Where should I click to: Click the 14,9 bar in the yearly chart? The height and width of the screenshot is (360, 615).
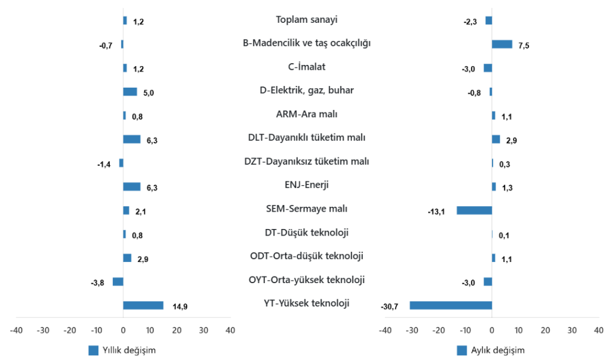click(143, 305)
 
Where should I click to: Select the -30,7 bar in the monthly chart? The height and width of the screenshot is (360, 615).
click(450, 305)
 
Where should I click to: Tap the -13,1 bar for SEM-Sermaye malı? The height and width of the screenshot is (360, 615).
click(474, 210)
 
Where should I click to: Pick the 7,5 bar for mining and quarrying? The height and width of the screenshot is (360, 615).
click(502, 44)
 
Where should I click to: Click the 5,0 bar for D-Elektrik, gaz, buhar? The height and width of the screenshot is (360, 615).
click(130, 92)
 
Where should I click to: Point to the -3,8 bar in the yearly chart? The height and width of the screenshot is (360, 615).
click(118, 281)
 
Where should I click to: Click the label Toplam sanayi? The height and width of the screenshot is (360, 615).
click(306, 20)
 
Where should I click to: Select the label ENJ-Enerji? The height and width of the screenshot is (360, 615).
click(306, 185)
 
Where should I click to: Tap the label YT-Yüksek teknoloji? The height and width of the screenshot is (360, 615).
click(306, 304)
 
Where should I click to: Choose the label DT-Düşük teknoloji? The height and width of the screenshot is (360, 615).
click(306, 233)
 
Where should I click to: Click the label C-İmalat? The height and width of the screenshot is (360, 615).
click(306, 67)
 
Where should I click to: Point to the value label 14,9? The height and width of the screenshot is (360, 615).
click(180, 307)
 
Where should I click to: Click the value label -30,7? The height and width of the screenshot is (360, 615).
click(390, 307)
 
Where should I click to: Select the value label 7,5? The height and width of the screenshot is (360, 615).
click(524, 46)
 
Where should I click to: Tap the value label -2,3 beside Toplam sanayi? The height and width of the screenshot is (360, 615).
click(470, 22)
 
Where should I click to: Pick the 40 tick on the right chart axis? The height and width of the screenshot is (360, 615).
click(598, 331)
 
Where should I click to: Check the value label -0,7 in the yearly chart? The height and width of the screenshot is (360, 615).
click(106, 46)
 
